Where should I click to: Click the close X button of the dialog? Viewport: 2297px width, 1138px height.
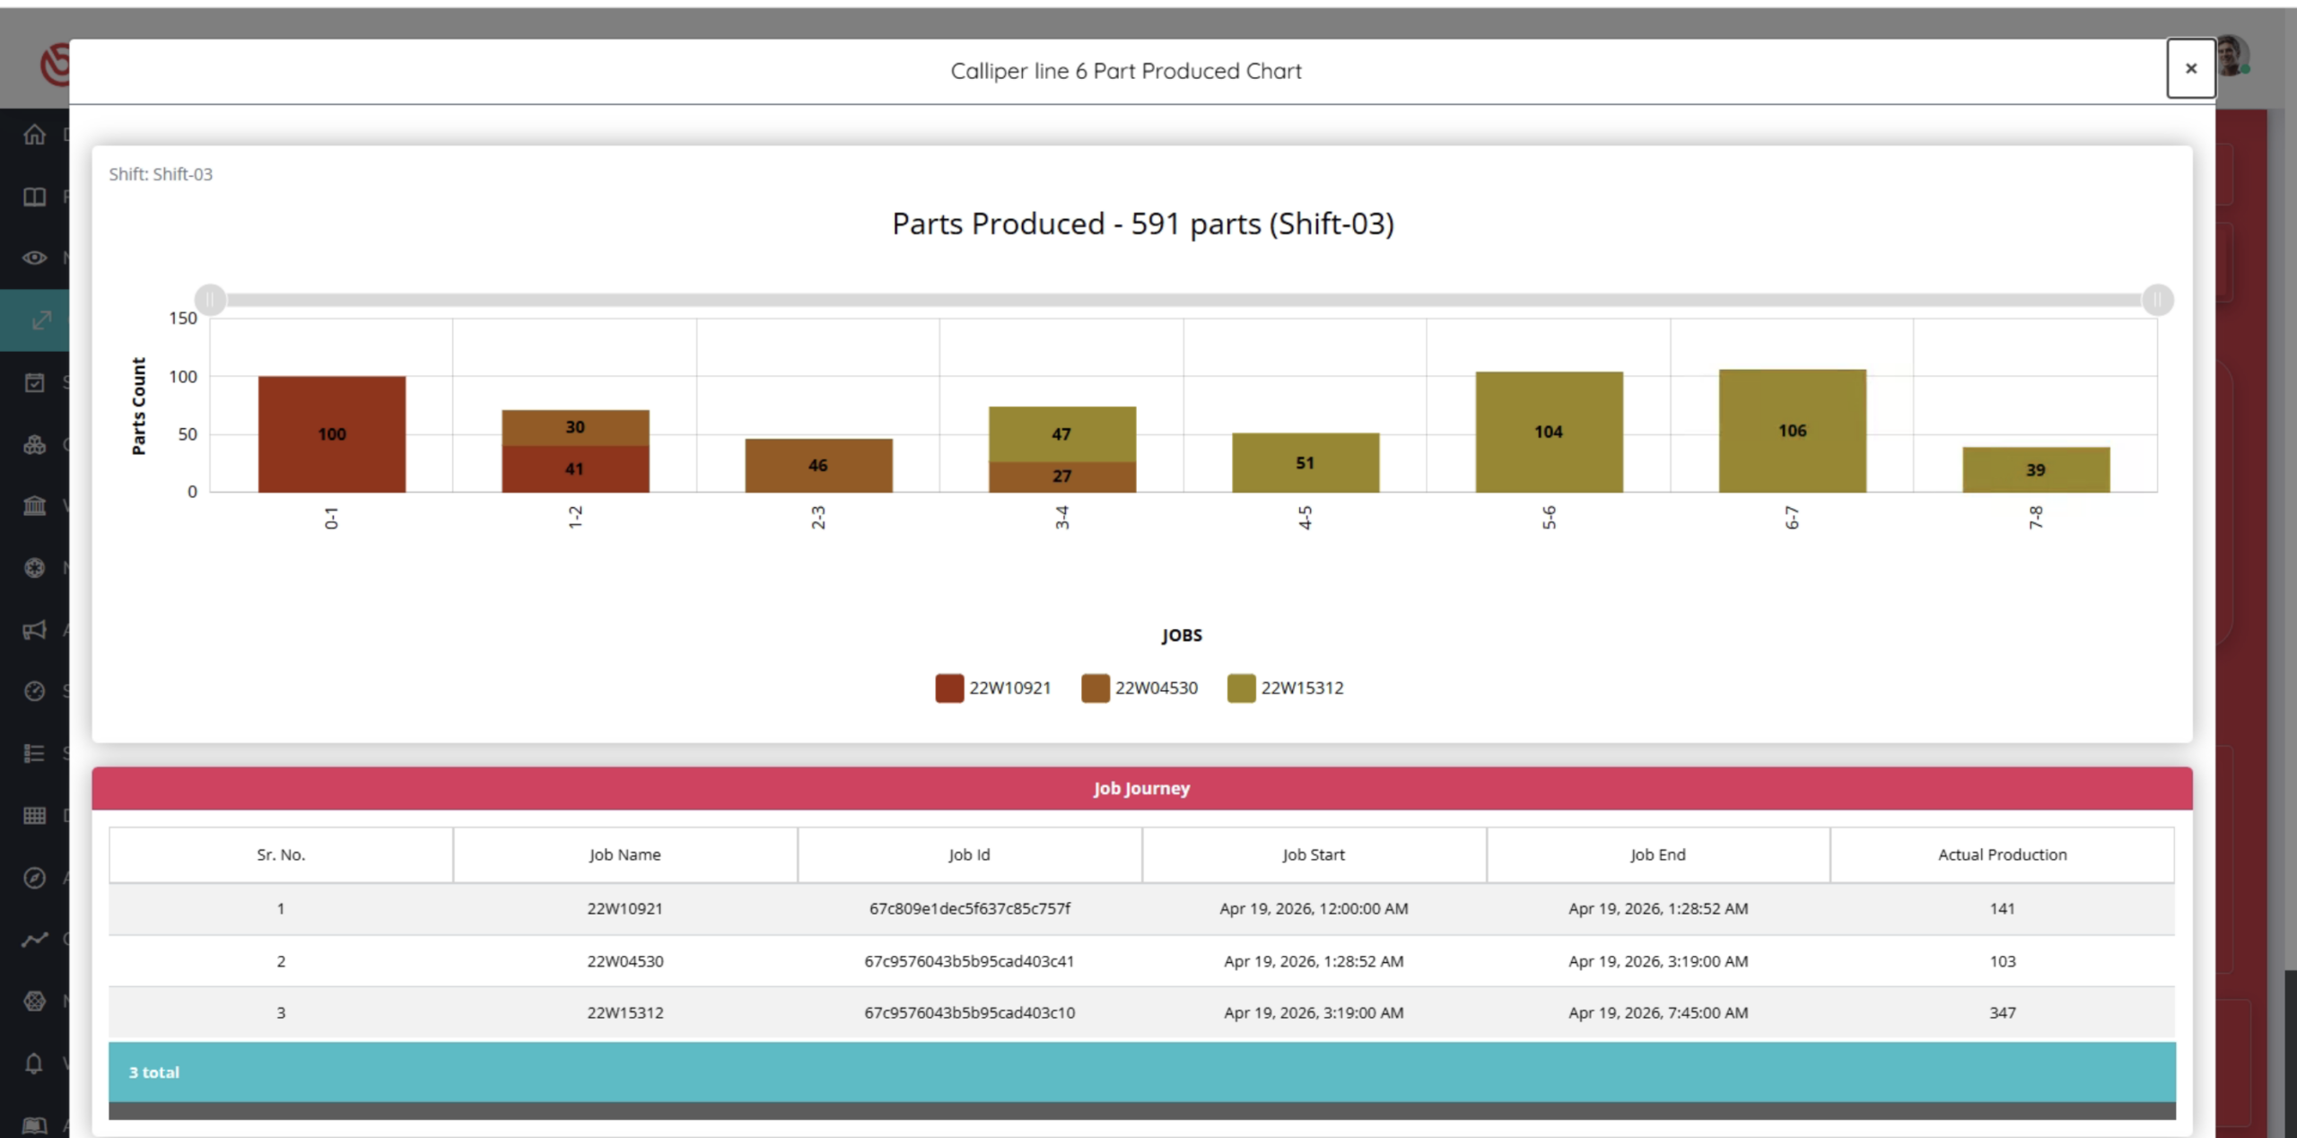click(2190, 68)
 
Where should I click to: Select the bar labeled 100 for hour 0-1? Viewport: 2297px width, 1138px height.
click(332, 433)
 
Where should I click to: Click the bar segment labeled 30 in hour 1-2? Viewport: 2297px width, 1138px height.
click(575, 427)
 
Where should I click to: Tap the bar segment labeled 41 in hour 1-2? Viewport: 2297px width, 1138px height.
click(575, 468)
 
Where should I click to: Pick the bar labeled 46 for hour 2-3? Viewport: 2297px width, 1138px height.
click(818, 465)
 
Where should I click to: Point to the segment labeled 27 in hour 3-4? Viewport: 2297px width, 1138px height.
click(1062, 477)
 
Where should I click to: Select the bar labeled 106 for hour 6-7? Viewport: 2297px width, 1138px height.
click(1793, 431)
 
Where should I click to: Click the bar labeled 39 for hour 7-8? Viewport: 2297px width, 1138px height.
click(2036, 469)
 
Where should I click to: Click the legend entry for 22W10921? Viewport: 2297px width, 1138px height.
click(993, 687)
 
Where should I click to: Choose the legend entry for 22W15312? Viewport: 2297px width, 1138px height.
click(1286, 687)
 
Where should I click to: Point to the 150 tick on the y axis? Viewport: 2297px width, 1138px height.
click(183, 319)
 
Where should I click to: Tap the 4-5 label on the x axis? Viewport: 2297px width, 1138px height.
click(1306, 518)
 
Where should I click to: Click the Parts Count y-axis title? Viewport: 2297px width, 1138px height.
click(138, 406)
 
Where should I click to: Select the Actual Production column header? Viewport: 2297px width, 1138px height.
click(2002, 854)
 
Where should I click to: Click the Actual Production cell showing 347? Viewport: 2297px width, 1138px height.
click(2002, 1012)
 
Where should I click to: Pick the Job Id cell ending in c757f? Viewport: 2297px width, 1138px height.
click(969, 908)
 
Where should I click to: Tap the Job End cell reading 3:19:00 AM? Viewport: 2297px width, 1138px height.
click(1658, 961)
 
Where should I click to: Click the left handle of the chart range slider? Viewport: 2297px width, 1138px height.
click(211, 300)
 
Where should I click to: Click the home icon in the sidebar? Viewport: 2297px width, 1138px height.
click(34, 135)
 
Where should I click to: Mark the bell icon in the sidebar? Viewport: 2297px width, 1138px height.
click(34, 1064)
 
